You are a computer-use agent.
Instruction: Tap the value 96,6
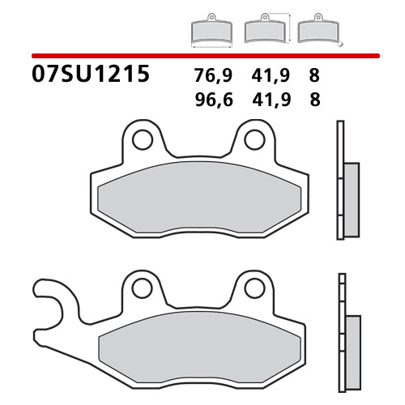pyautogui.click(x=211, y=100)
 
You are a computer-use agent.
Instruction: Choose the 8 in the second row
pyautogui.click(x=314, y=100)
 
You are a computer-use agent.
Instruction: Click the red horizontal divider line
pyautogui.click(x=202, y=54)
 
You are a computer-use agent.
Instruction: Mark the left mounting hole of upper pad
pyautogui.click(x=143, y=139)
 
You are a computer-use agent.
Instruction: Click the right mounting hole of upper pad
pyautogui.click(x=254, y=139)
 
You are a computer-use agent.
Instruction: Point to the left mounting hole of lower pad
pyautogui.click(x=143, y=288)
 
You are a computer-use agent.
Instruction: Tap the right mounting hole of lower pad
pyautogui.click(x=254, y=288)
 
